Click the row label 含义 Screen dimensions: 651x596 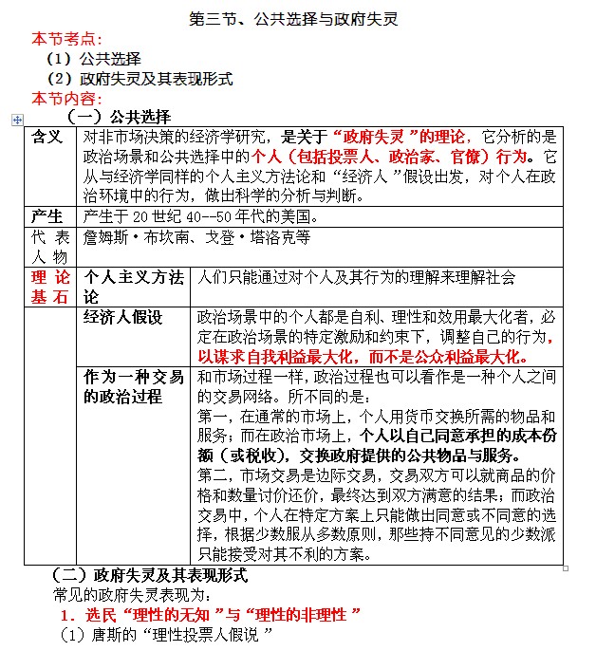(x=47, y=138)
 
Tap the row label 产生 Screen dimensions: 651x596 (x=47, y=215)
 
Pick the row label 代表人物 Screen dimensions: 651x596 (x=48, y=245)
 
